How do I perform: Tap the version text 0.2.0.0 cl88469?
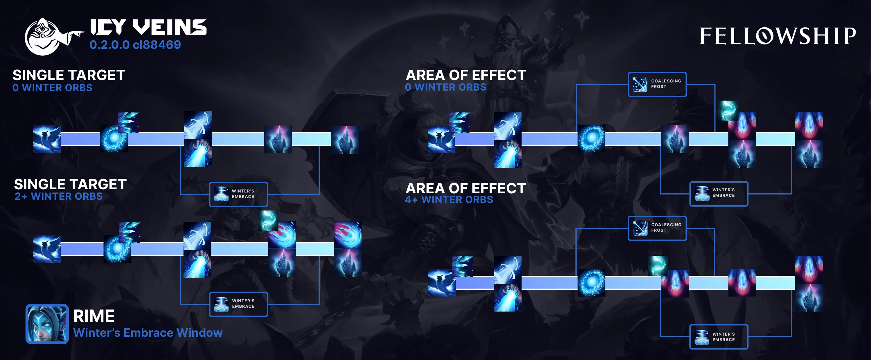(135, 45)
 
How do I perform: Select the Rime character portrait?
(47, 324)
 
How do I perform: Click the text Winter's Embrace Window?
(148, 333)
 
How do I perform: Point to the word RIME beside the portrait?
(94, 316)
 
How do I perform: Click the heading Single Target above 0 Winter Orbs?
(69, 75)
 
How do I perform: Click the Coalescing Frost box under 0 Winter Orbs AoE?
(657, 84)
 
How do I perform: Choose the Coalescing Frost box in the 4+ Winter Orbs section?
(657, 228)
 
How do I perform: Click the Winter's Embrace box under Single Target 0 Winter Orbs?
(238, 194)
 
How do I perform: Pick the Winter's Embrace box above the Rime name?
(238, 304)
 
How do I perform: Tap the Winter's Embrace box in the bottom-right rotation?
(719, 337)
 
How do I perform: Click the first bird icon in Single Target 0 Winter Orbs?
(47, 139)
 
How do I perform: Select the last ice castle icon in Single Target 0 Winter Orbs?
(345, 140)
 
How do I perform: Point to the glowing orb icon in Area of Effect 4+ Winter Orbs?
(591, 282)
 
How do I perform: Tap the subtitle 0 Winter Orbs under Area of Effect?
(445, 87)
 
